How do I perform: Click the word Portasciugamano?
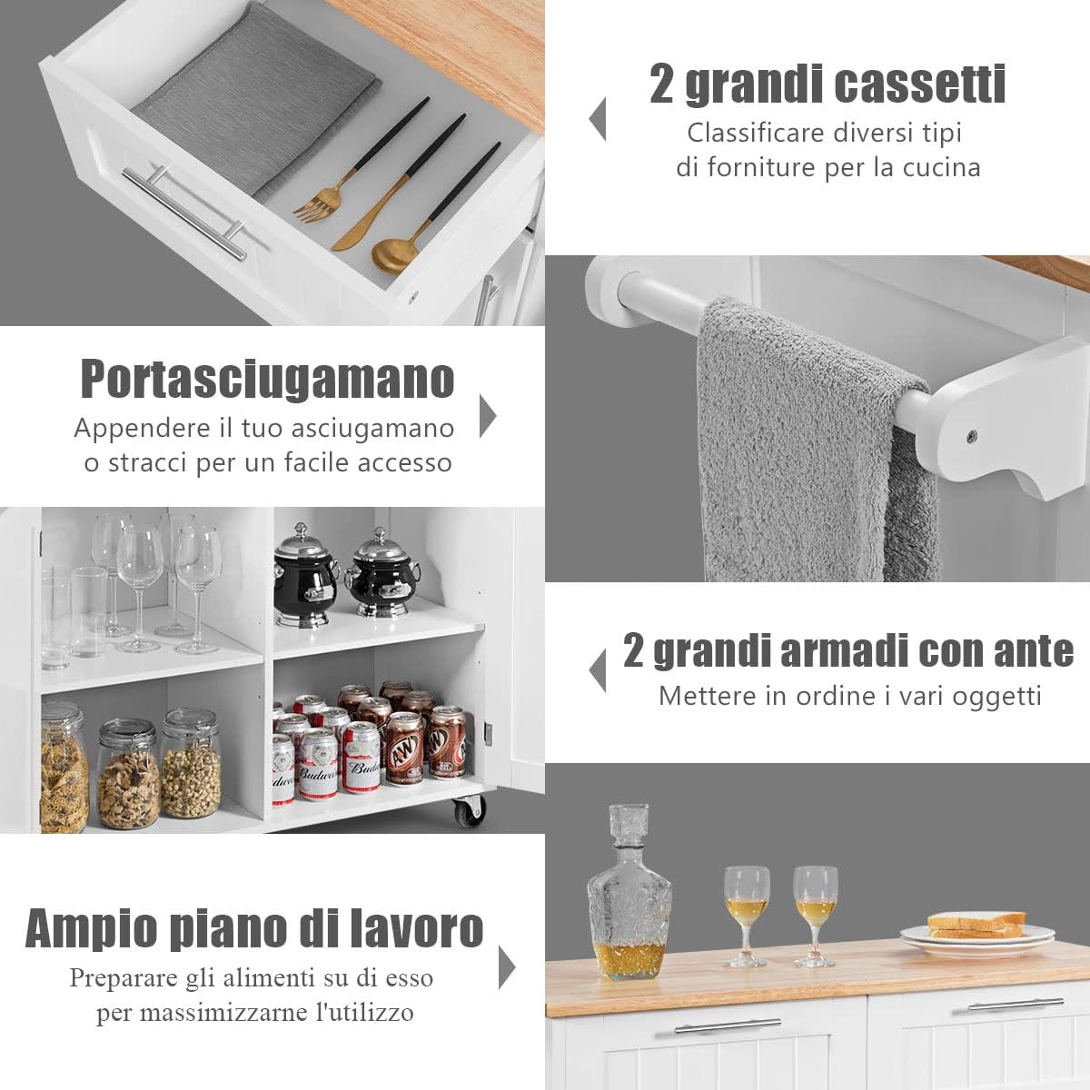pyautogui.click(x=267, y=379)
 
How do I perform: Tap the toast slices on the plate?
pyautogui.click(x=976, y=925)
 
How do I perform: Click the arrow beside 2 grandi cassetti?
pyautogui.click(x=598, y=119)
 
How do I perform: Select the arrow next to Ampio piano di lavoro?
pyautogui.click(x=506, y=966)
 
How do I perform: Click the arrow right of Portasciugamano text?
pyautogui.click(x=488, y=416)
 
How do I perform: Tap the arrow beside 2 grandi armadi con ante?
pyautogui.click(x=598, y=670)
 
